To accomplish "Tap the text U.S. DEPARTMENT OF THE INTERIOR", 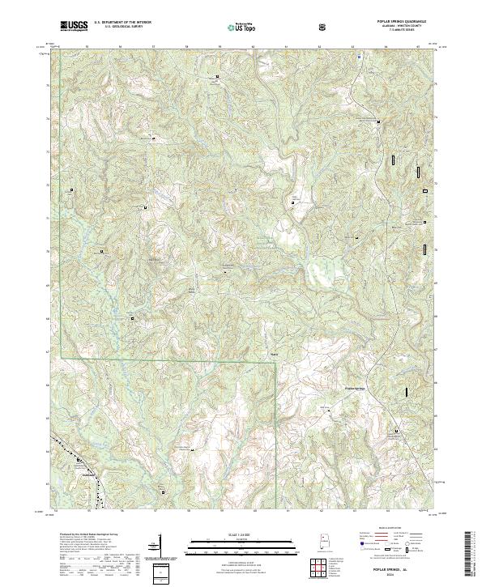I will [122, 23].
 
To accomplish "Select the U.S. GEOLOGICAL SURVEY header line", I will [117, 28].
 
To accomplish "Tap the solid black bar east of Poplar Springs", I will [406, 392].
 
